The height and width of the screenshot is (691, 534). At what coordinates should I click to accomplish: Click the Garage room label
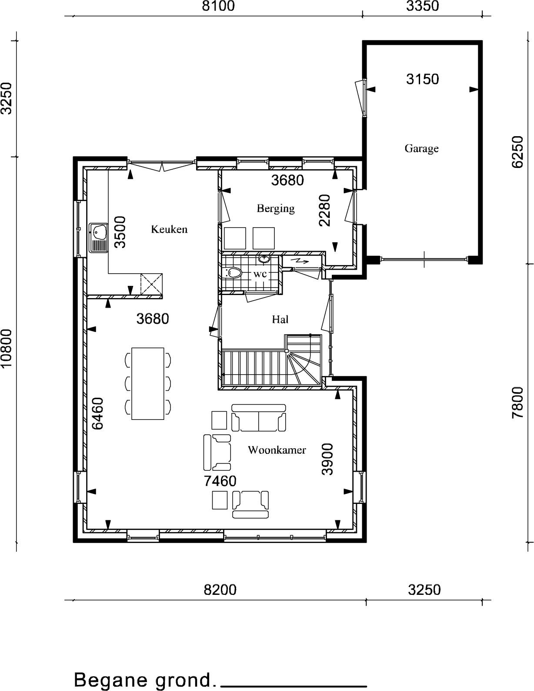point(421,148)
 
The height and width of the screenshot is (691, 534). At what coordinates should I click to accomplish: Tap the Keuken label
point(169,229)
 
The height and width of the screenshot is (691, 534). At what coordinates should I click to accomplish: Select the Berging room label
point(276,208)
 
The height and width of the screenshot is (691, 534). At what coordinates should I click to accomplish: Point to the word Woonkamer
point(277,449)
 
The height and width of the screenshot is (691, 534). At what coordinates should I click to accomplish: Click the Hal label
point(280,319)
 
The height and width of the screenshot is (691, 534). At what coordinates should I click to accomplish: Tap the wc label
point(260,274)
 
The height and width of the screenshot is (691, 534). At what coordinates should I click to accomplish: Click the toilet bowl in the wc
point(234,273)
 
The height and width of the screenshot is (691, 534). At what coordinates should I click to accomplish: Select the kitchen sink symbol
point(99,238)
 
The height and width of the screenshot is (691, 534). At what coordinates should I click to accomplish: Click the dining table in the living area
point(148,383)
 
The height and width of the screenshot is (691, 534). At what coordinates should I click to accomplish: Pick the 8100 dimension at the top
point(219,6)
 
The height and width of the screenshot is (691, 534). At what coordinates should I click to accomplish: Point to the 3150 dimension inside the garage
point(423,79)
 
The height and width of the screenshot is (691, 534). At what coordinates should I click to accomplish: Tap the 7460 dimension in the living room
point(220,481)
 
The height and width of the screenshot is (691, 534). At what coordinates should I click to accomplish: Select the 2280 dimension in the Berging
point(325,210)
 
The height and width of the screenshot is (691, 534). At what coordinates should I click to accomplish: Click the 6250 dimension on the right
point(517,152)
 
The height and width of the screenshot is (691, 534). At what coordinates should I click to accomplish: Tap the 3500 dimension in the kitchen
point(120,232)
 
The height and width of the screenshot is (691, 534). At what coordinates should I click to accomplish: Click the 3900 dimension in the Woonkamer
point(327,459)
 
